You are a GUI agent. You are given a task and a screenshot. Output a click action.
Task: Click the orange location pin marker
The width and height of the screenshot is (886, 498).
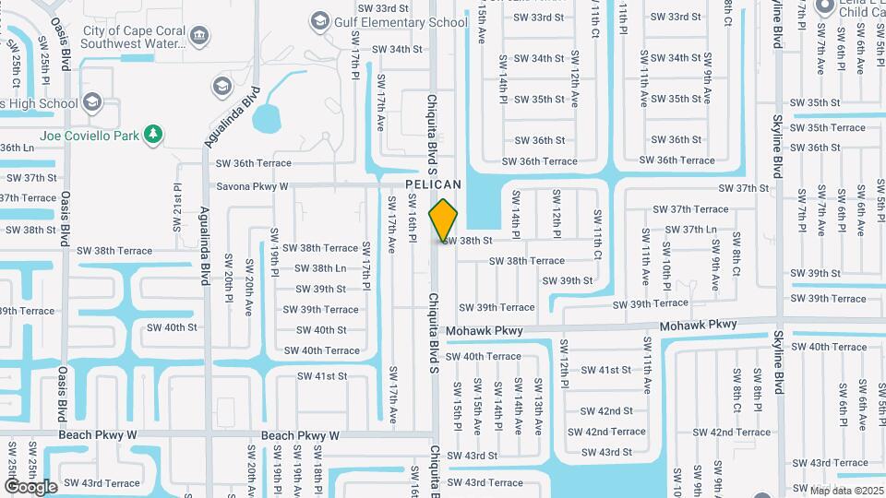click(444, 219)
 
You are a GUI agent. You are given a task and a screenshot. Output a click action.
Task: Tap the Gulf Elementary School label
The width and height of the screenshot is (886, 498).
click(401, 22)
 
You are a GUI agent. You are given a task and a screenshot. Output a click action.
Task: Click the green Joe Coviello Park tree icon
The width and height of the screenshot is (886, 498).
click(153, 136)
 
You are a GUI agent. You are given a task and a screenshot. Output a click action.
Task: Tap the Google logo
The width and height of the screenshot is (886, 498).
click(30, 486)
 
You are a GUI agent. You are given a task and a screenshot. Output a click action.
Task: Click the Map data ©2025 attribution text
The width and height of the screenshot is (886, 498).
click(845, 490)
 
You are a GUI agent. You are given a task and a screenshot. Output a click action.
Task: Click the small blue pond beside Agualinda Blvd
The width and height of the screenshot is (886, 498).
click(266, 118)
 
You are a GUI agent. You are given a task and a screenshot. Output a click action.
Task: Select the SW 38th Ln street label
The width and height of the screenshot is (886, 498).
click(316, 268)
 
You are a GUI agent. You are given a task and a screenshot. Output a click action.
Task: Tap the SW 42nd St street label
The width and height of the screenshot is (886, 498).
click(606, 411)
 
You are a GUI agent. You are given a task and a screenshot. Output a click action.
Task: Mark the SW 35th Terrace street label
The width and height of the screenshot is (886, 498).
click(829, 127)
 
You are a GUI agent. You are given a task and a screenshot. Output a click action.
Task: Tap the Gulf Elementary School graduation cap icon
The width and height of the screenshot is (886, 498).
click(320, 20)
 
